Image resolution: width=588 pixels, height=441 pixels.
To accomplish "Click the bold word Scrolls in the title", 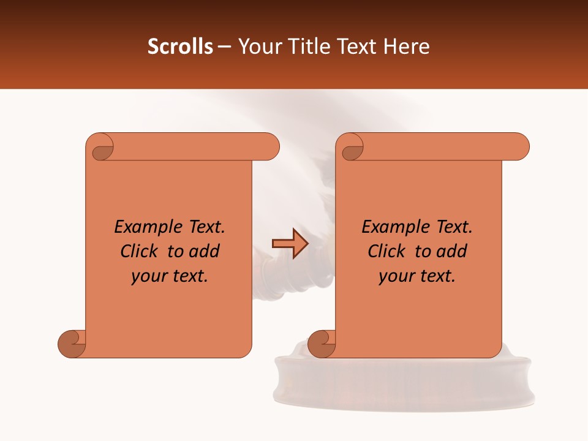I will pos(180,47).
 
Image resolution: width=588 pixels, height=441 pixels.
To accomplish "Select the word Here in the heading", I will pos(407,47).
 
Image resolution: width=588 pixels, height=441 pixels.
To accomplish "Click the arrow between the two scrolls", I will pos(290,244).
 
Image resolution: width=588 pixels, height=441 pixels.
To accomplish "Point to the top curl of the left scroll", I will pos(102,148).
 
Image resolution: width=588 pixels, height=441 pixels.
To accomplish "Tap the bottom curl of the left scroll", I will pos(72,343).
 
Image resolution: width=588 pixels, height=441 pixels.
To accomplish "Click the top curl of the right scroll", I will pos(352,148).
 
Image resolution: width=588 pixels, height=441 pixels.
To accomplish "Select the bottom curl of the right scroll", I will pos(322,343).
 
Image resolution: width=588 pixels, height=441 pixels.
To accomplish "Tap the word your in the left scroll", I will pos(148,276).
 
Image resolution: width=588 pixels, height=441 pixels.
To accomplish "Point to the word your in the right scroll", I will pos(395,276).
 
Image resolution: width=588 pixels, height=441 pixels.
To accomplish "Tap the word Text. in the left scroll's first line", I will pos(204,227).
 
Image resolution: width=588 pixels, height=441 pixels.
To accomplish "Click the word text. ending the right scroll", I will pos(436,276).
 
